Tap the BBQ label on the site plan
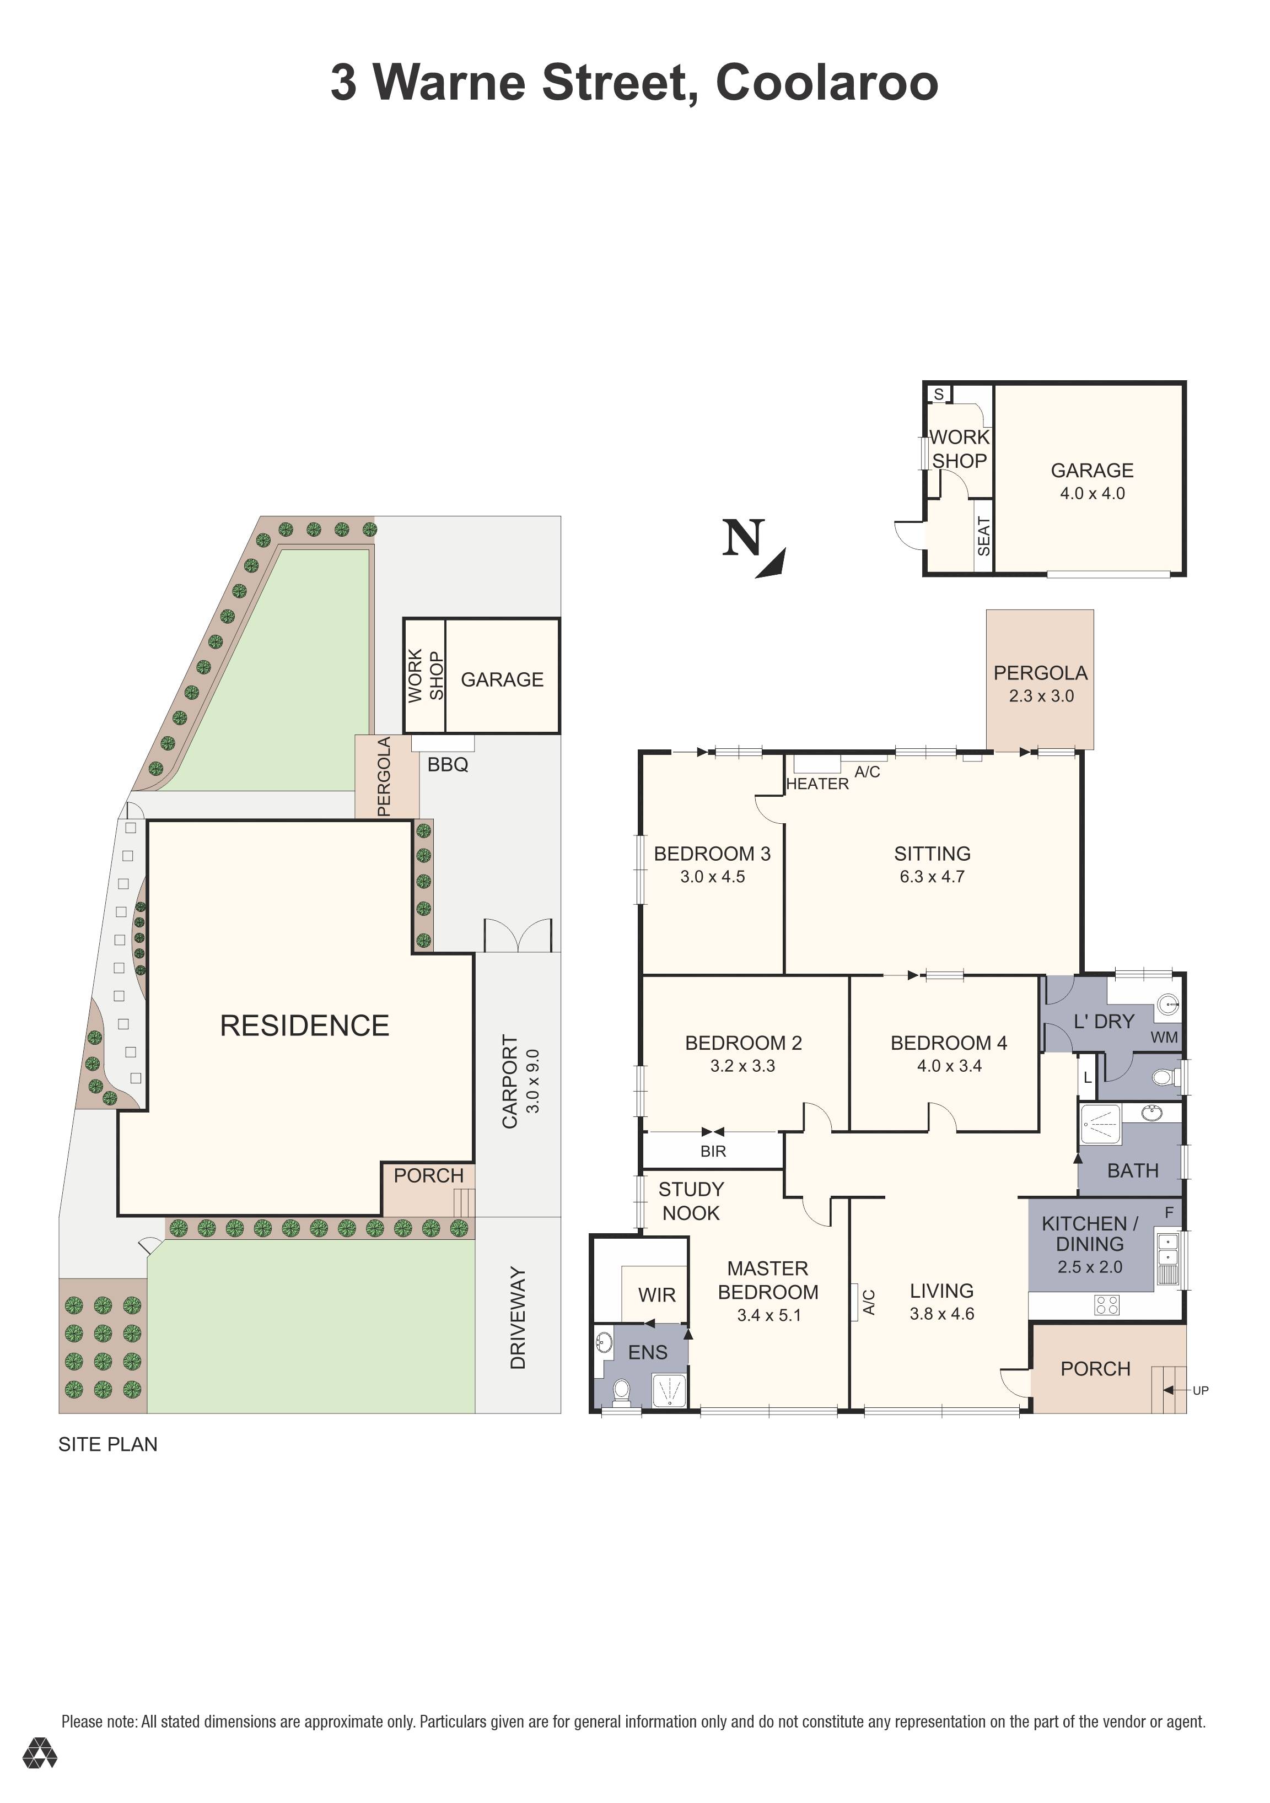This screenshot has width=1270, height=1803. (448, 764)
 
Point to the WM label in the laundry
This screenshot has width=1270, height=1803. (1164, 1038)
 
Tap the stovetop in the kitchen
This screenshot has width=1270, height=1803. (1107, 1305)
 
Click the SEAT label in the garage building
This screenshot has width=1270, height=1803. (984, 536)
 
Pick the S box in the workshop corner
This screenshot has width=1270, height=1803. (939, 393)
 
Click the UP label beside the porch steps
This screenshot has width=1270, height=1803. (1200, 1390)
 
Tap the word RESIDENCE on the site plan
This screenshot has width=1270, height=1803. (305, 1025)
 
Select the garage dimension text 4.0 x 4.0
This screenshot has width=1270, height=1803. (1093, 493)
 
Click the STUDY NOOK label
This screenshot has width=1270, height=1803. (691, 1201)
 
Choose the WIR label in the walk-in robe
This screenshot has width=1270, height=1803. (656, 1295)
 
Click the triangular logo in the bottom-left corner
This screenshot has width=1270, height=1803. (39, 1753)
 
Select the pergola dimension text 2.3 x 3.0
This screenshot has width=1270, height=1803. (1041, 696)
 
